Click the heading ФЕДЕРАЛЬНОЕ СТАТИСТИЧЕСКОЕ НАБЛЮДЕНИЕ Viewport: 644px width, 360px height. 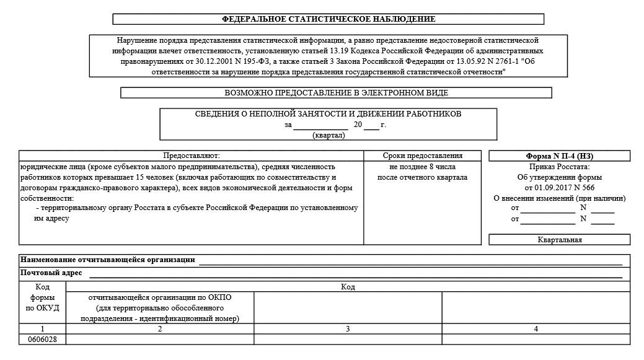click(329, 19)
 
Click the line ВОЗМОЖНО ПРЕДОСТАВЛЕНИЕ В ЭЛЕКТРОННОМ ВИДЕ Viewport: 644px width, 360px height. click(336, 93)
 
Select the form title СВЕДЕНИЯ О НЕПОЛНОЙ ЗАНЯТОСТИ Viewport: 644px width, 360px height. click(328, 114)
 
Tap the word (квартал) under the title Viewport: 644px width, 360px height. click(329, 136)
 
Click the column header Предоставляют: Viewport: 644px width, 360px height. click(191, 156)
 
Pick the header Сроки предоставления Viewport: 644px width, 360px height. click(423, 156)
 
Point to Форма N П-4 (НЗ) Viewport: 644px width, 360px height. click(559, 156)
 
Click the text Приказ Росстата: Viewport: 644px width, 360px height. click(559, 167)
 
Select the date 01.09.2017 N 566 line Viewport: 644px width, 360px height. click(559, 187)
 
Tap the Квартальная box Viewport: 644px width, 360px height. click(559, 240)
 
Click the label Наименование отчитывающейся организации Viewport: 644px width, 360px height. click(108, 260)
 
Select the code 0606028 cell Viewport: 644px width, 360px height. click(42, 340)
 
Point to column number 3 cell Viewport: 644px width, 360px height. click(348, 328)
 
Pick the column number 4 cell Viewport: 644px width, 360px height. click(536, 328)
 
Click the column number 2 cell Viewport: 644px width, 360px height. click(160, 328)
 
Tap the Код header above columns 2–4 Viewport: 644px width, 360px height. click(348, 287)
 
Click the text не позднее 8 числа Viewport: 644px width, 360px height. click(423, 167)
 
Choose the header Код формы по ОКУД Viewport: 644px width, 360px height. click(42, 297)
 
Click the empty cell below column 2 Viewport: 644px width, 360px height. click(160, 340)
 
